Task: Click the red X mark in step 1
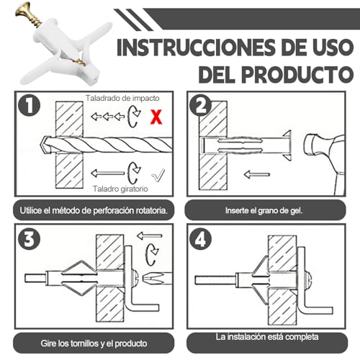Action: [x=156, y=117]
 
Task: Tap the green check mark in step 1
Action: [x=158, y=175]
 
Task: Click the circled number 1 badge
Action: [x=30, y=106]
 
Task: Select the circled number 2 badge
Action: [x=200, y=106]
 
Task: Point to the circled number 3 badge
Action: [x=30, y=238]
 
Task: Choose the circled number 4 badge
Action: [x=200, y=238]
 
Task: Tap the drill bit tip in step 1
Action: [x=41, y=145]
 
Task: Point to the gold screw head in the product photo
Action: [x=22, y=9]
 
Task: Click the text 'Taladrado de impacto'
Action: [x=122, y=98]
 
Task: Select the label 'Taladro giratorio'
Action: [x=120, y=189]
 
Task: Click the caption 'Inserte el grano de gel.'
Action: [x=264, y=210]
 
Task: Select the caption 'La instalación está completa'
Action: [x=267, y=337]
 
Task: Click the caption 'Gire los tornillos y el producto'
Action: [x=94, y=343]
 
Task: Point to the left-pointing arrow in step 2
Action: [x=257, y=174]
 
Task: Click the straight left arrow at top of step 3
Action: [x=150, y=236]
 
